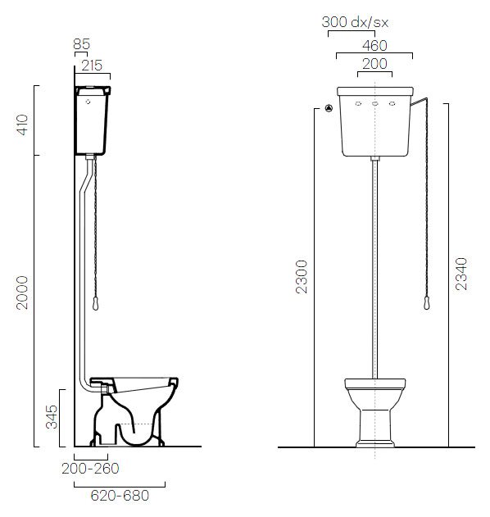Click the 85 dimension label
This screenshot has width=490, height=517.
(x=81, y=44)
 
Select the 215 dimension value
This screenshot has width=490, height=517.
(x=92, y=66)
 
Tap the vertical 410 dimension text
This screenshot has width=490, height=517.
(x=23, y=125)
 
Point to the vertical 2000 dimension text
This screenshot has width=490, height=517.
(x=22, y=293)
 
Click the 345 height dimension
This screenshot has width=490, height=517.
(x=52, y=417)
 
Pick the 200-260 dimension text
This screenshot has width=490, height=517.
(x=90, y=469)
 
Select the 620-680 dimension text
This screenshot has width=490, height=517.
(x=120, y=495)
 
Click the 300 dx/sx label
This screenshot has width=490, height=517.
(x=355, y=22)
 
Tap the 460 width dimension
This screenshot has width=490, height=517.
(x=374, y=46)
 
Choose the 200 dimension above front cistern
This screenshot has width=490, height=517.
(x=374, y=64)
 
